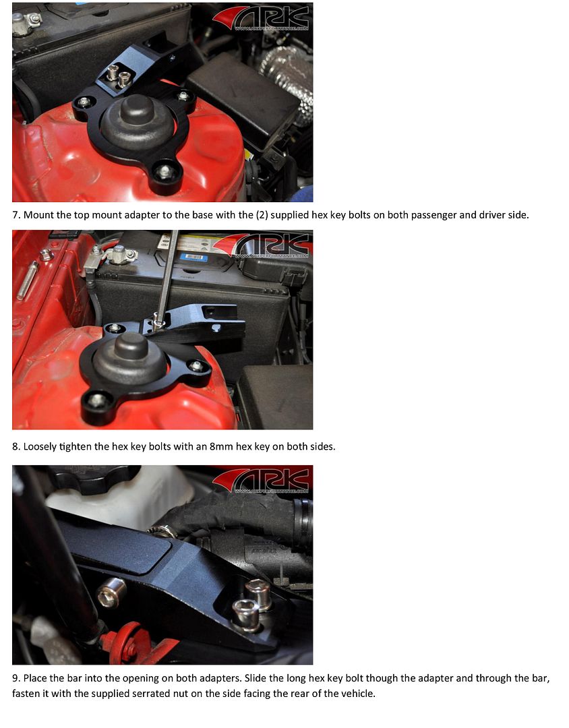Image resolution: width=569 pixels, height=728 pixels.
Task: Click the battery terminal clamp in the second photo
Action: pos(121,254)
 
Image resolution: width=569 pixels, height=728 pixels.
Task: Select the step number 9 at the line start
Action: pos(16,678)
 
